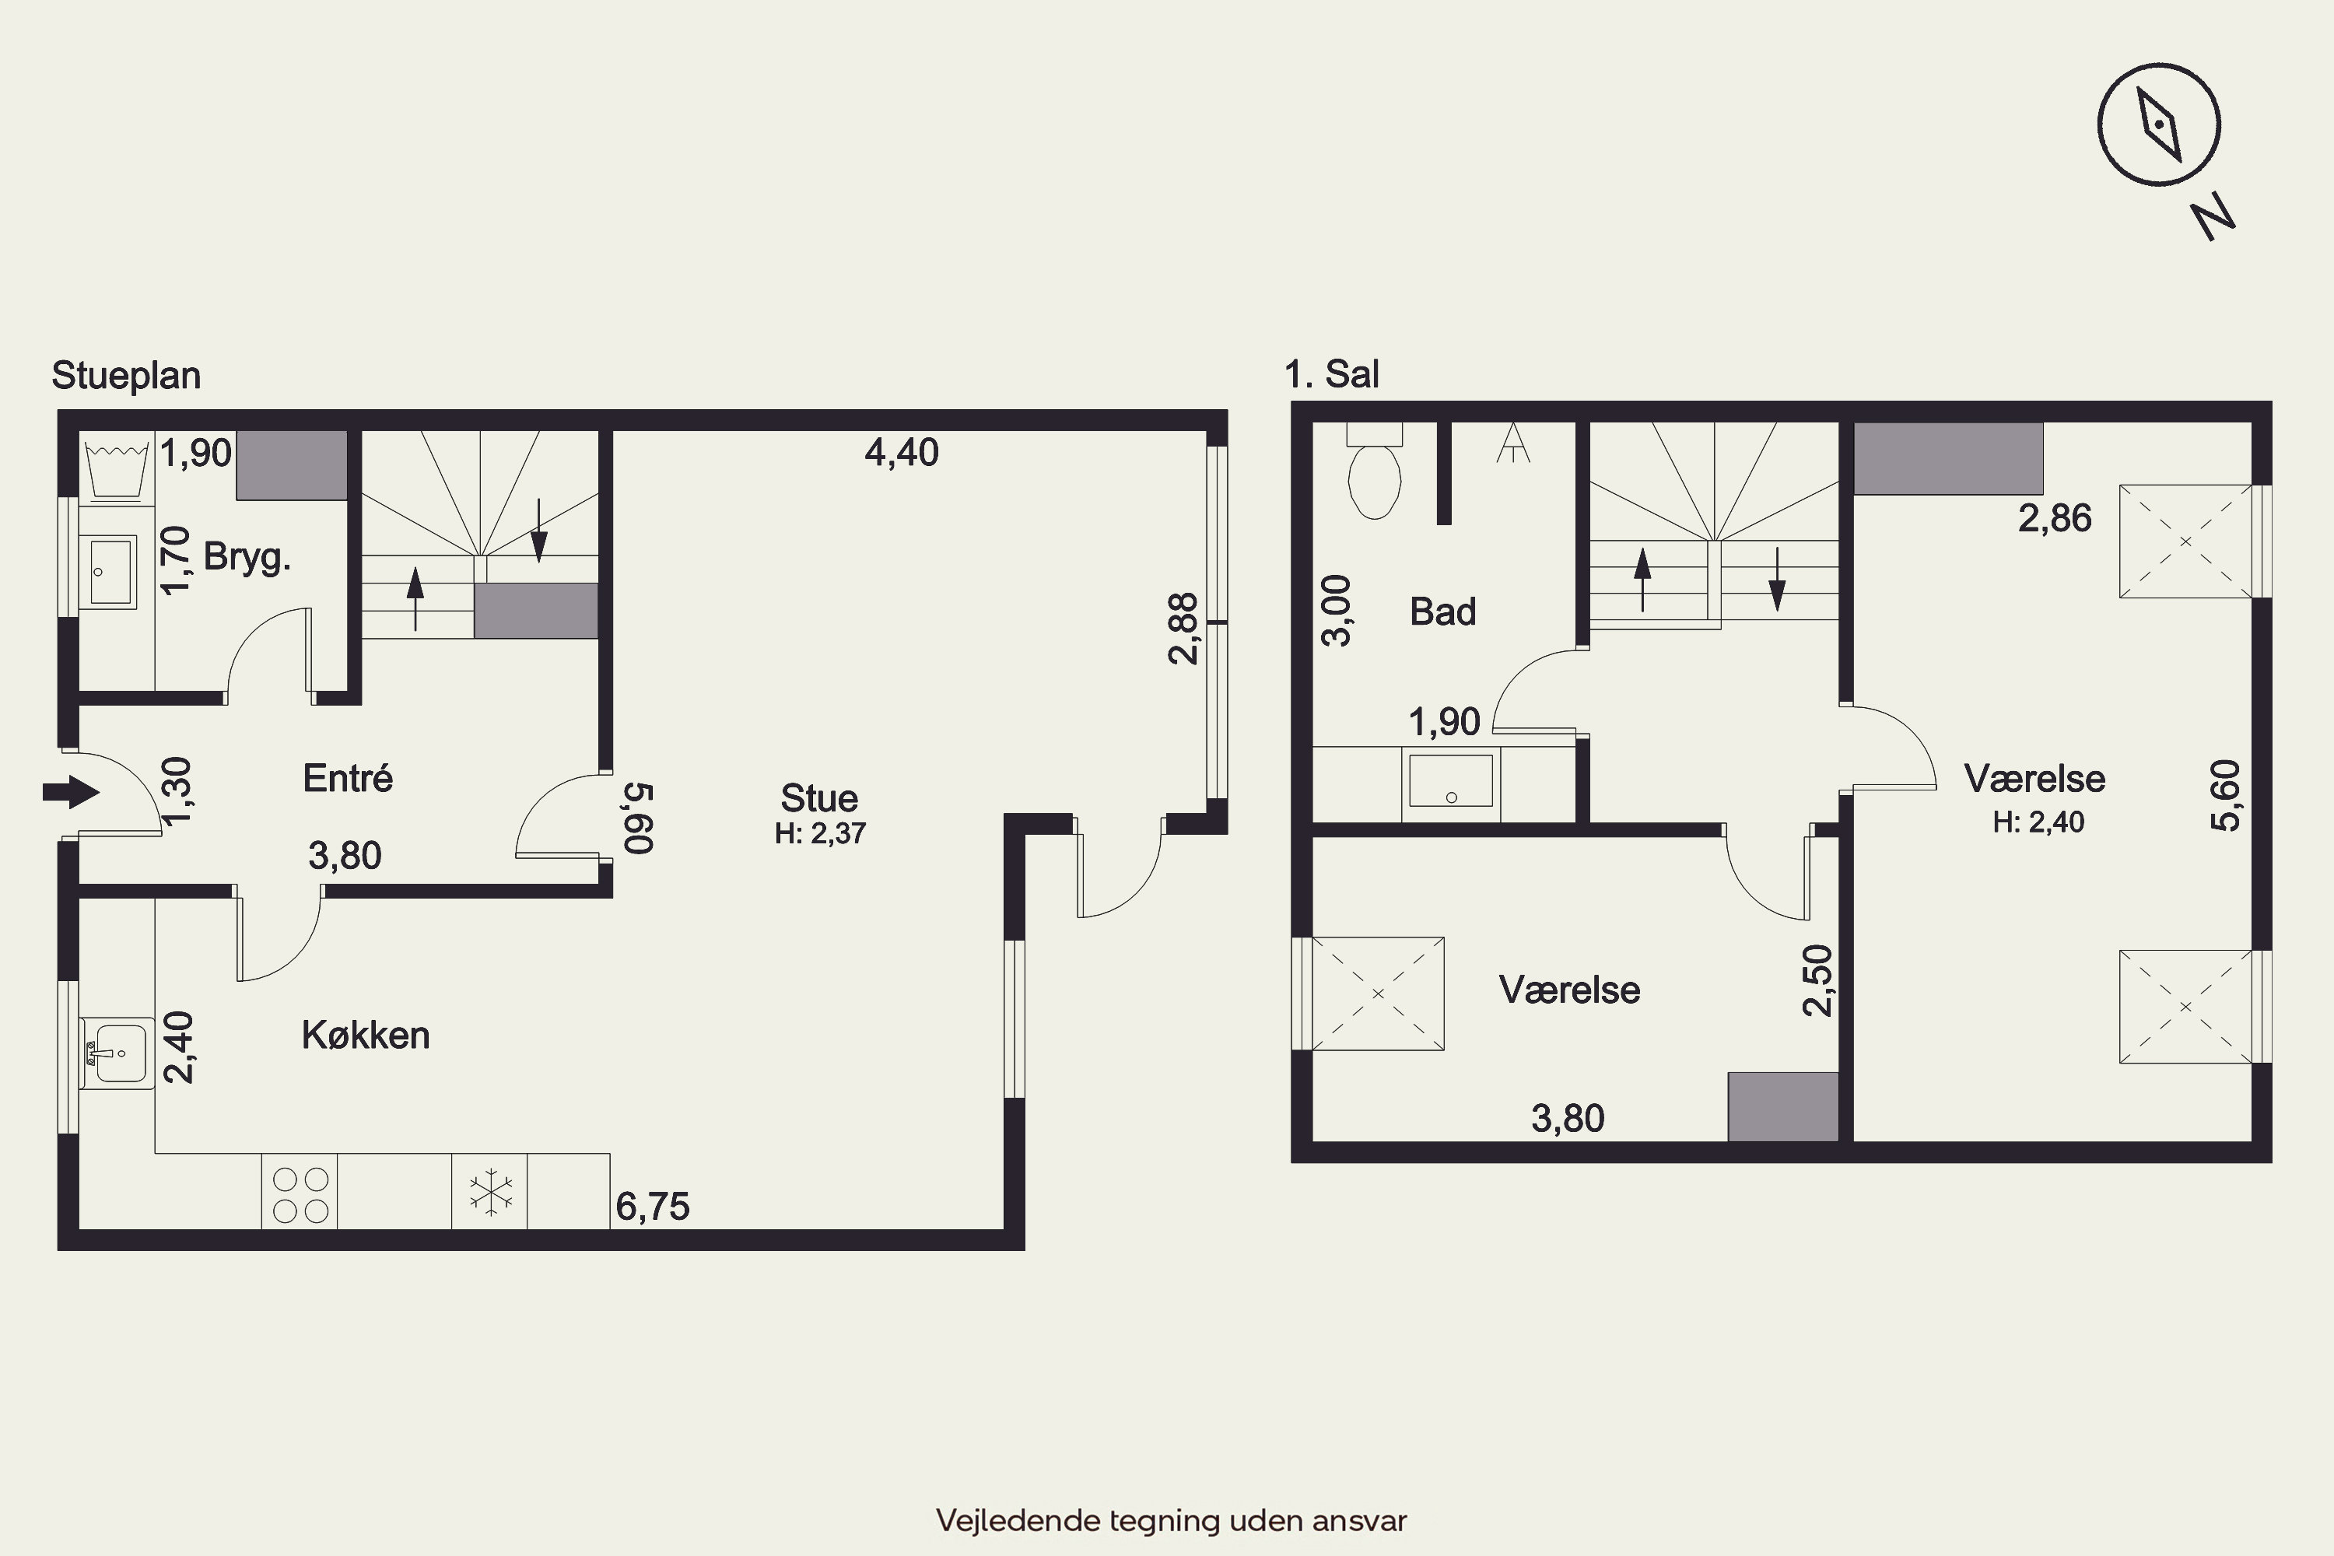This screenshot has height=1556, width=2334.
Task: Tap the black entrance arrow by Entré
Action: pos(72,792)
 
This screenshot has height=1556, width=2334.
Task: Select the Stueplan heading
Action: pos(126,376)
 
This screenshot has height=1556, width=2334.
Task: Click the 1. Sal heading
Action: pos(1332,374)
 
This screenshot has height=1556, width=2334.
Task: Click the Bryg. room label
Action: pos(247,558)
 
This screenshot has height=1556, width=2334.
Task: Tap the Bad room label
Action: pos(1443,612)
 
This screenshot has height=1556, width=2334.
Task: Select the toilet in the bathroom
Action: pos(1375,471)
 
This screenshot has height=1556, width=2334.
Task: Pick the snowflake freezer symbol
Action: pos(490,1193)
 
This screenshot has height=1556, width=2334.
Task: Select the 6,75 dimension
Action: pos(652,1207)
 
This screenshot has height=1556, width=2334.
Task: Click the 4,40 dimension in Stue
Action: pos(901,453)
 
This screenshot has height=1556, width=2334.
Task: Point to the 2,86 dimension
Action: pos(2054,518)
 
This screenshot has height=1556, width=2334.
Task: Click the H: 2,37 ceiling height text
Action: pos(820,833)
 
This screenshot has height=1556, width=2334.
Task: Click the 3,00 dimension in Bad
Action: pos(1337,610)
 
